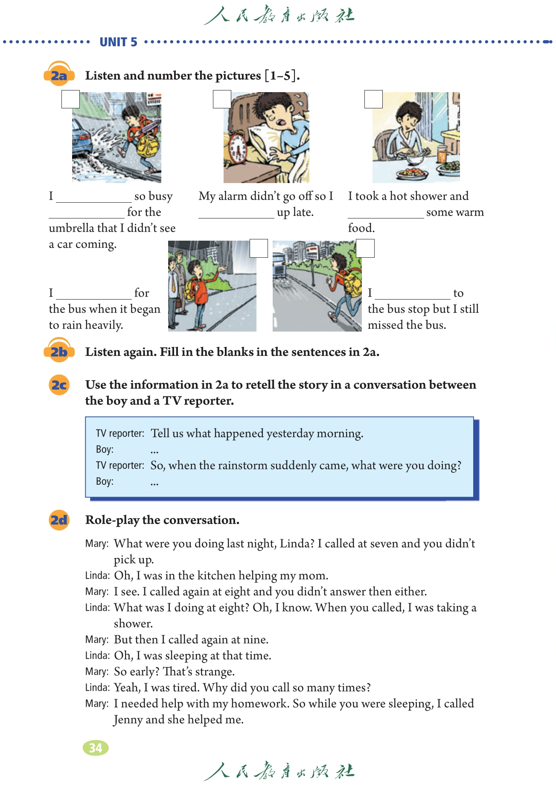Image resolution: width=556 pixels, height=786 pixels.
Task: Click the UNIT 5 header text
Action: (x=118, y=42)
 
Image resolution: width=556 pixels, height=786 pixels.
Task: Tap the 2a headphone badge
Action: (x=59, y=75)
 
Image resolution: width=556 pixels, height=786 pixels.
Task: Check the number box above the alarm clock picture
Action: (x=222, y=99)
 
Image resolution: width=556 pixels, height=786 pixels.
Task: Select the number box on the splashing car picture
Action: (x=70, y=99)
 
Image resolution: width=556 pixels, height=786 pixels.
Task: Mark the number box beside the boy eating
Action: (x=373, y=99)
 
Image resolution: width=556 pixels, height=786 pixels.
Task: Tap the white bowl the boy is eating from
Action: (x=413, y=159)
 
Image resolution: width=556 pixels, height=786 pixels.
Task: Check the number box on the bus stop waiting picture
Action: (x=259, y=248)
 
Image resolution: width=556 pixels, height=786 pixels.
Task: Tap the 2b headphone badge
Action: (x=59, y=351)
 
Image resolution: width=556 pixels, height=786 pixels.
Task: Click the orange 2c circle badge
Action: (x=59, y=385)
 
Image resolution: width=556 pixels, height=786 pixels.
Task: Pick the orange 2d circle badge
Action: (x=59, y=520)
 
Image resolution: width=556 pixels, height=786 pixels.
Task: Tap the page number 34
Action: (x=96, y=748)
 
